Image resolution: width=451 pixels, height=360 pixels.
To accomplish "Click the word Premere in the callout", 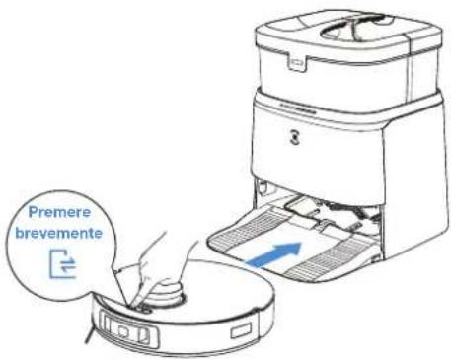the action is [x=59, y=212].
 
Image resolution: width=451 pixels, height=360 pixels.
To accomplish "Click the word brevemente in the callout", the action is [x=59, y=233].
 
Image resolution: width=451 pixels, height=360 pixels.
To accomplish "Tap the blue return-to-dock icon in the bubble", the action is [x=63, y=264].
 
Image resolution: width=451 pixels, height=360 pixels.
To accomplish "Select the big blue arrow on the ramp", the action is [x=274, y=254].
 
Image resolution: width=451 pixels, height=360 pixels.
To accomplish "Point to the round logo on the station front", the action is [x=296, y=138].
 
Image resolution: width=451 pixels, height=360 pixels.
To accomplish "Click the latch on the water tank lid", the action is [x=297, y=62].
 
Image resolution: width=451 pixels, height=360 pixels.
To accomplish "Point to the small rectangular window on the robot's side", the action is [x=241, y=329].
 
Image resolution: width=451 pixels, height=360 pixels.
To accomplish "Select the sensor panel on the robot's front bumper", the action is [x=129, y=329].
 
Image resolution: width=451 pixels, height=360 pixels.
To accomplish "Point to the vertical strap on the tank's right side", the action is [x=409, y=66].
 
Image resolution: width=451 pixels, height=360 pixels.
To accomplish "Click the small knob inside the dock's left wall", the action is [x=262, y=187].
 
